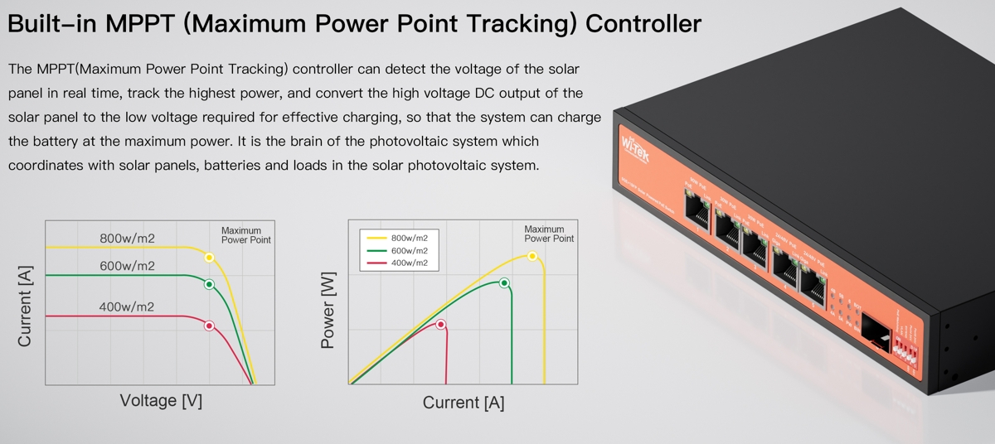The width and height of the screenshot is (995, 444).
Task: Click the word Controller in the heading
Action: [643, 23]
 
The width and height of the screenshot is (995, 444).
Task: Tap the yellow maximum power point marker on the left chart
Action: [209, 258]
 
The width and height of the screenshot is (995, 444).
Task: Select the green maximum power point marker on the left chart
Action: [209, 285]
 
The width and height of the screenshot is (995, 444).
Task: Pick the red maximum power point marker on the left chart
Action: [209, 326]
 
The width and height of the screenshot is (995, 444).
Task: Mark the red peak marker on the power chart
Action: [440, 324]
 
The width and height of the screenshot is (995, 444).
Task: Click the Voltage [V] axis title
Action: [161, 401]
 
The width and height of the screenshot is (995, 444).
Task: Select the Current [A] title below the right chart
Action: [463, 403]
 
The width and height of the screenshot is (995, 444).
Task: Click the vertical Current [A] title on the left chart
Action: [25, 306]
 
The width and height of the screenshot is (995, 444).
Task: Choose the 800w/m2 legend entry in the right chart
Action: [409, 238]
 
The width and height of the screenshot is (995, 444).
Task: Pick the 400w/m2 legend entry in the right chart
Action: [409, 263]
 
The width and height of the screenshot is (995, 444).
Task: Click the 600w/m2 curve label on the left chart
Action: [127, 266]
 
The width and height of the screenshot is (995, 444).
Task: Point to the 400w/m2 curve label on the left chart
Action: [127, 307]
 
